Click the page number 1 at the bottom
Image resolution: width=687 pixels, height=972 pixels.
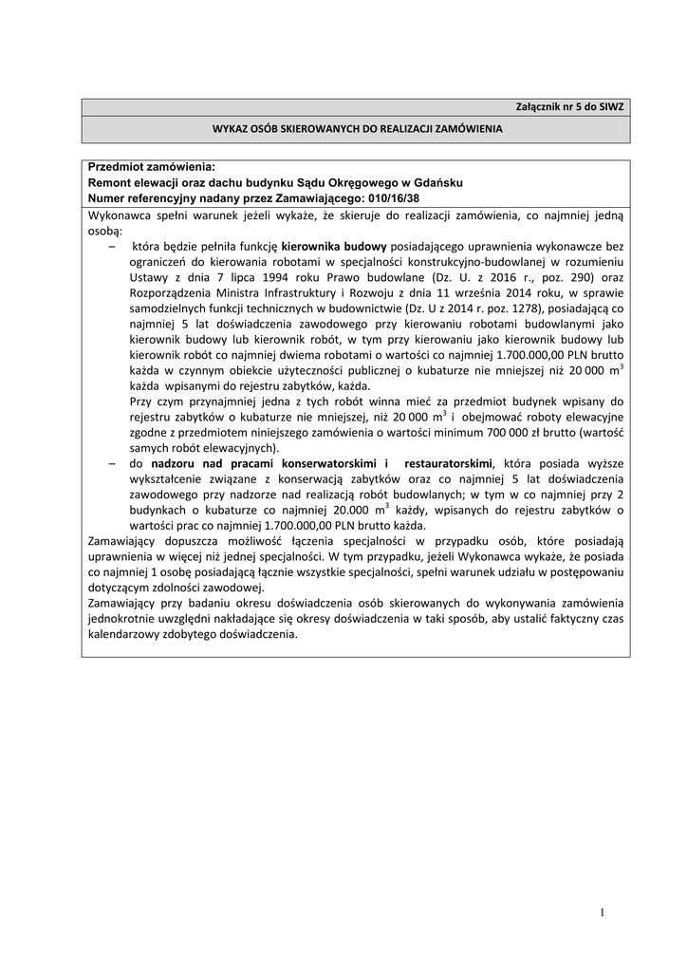click(x=602, y=913)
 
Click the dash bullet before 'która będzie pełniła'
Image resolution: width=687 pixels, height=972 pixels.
click(x=112, y=245)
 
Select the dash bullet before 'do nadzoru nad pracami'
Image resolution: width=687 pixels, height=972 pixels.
click(x=112, y=462)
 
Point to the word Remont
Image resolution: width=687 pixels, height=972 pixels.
click(x=110, y=182)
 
